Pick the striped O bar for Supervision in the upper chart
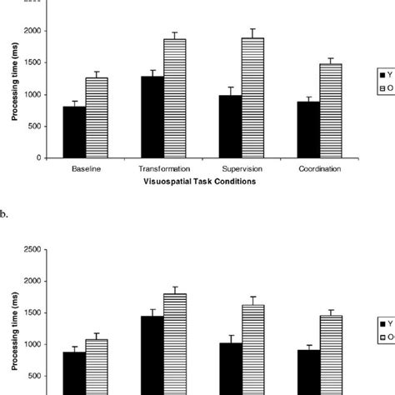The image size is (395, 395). pyautogui.click(x=252, y=98)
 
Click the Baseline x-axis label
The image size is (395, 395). pyautogui.click(x=85, y=167)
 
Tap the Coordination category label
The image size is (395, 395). pyautogui.click(x=320, y=167)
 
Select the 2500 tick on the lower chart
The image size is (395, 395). pyautogui.click(x=35, y=249)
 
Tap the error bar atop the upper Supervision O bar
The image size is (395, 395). pyautogui.click(x=252, y=33)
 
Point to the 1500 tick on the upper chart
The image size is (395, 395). pyautogui.click(x=35, y=62)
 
